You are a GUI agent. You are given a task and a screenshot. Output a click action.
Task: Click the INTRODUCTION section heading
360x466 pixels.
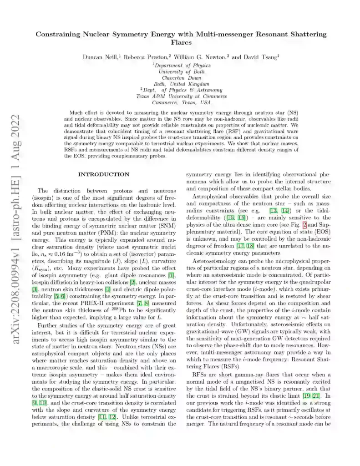tap(104, 174)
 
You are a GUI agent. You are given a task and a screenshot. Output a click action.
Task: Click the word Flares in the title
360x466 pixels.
tap(181, 42)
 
